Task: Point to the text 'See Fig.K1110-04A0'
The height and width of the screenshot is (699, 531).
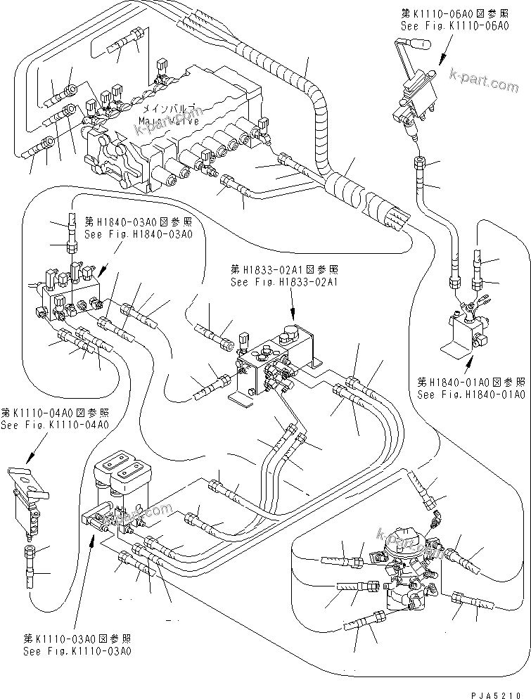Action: point(54,425)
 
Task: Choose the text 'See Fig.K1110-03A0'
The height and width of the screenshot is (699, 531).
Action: point(77,651)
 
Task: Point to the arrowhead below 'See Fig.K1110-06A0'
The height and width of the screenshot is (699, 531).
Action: point(442,61)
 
